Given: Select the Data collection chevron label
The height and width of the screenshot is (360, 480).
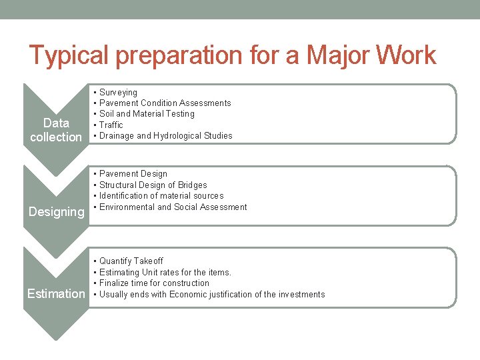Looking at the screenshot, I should pyautogui.click(x=56, y=130).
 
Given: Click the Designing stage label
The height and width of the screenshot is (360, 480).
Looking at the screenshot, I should pyautogui.click(x=56, y=212).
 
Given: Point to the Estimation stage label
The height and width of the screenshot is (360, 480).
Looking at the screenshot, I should pyautogui.click(x=56, y=294).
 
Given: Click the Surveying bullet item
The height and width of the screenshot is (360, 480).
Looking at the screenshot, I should pyautogui.click(x=118, y=93).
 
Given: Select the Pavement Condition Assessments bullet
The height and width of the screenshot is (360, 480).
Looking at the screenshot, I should pyautogui.click(x=165, y=103).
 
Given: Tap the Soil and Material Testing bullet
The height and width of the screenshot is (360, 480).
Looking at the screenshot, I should pyautogui.click(x=147, y=114).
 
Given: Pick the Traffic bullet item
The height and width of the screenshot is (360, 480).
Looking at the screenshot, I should pyautogui.click(x=111, y=125).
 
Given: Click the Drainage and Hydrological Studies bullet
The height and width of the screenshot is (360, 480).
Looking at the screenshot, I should pyautogui.click(x=165, y=136).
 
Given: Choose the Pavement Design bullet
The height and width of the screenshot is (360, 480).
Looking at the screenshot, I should pyautogui.click(x=133, y=174).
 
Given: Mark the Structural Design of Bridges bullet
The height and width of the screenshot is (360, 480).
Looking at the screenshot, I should pyautogui.click(x=153, y=185).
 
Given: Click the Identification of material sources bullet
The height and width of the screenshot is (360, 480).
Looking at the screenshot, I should pyautogui.click(x=161, y=196).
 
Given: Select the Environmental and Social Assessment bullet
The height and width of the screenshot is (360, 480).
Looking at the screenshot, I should pyautogui.click(x=173, y=207).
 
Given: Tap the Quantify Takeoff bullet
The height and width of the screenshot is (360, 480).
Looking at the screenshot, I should pyautogui.click(x=131, y=261).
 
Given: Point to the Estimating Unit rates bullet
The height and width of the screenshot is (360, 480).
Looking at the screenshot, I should pyautogui.click(x=165, y=273).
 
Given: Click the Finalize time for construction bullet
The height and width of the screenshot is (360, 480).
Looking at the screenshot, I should pyautogui.click(x=154, y=283).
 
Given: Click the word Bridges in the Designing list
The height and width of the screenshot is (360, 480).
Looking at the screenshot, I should pyautogui.click(x=193, y=185).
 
